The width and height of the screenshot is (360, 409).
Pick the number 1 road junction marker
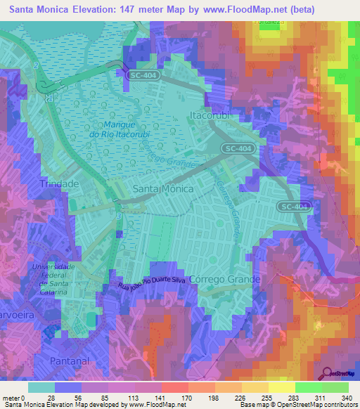point(49,98)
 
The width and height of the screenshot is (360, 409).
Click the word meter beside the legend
point(12,398)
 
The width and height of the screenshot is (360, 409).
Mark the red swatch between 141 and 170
point(175,387)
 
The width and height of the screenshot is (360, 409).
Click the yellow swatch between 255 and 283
point(282,387)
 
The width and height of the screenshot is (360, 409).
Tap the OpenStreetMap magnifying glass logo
point(327,373)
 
